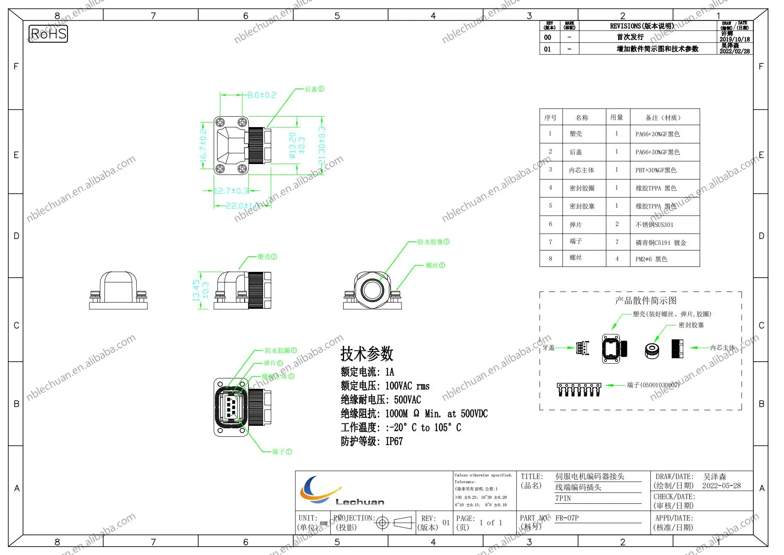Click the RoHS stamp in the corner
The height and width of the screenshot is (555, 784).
point(48,34)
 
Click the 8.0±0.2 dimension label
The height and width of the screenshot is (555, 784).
point(261,95)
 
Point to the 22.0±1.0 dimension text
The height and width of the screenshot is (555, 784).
point(242,206)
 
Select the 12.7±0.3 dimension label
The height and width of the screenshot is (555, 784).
point(231,191)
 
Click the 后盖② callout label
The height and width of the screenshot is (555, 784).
point(314,89)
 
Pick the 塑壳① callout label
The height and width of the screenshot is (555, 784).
point(267,256)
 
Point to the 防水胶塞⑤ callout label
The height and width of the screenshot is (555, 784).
point(433,242)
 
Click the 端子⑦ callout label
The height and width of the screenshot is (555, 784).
point(282,451)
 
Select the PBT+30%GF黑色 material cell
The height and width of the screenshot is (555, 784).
point(656,170)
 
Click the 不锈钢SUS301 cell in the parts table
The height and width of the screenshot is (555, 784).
point(654,225)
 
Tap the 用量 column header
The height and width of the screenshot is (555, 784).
point(616,117)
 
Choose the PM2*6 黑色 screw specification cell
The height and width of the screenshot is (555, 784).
point(651,259)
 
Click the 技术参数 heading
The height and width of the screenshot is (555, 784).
point(367,354)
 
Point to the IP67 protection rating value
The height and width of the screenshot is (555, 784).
point(394,441)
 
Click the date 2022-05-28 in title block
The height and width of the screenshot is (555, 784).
point(721,486)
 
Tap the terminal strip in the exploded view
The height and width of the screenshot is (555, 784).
point(579,389)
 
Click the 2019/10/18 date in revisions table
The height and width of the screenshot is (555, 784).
point(735,39)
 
